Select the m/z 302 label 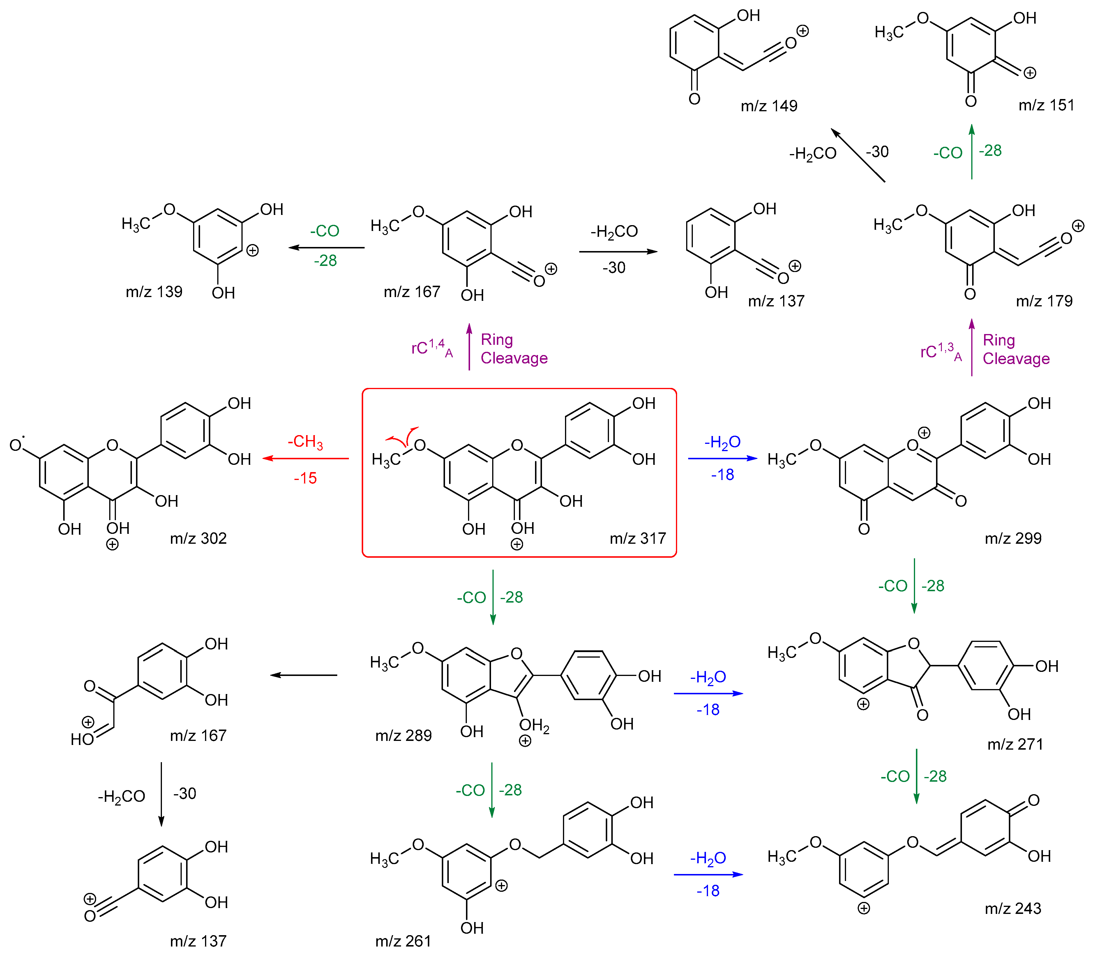[198, 538]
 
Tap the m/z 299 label [1013, 538]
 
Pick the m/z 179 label [1044, 301]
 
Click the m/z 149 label [769, 106]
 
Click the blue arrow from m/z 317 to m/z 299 [723, 458]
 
